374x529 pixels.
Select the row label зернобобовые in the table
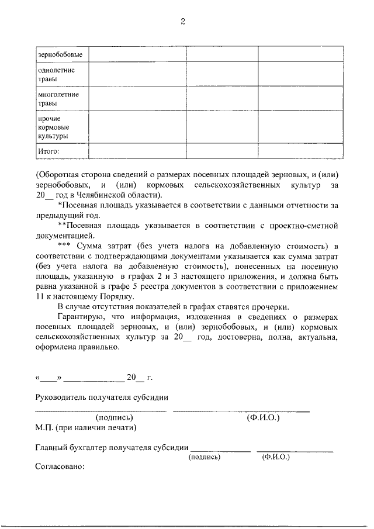tap(60, 55)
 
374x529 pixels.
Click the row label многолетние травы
tap(58, 98)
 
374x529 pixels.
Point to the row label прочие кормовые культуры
tap(53, 127)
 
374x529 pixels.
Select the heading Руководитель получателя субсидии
tap(102, 397)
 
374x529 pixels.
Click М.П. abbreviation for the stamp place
tap(44, 428)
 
